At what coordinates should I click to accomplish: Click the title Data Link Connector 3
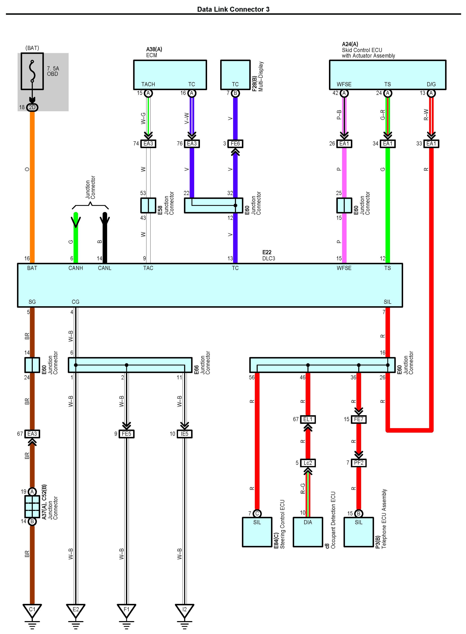(233, 9)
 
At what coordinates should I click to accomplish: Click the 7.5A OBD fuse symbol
(32, 71)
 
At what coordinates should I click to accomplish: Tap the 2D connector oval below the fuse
(32, 107)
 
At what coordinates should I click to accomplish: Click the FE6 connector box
(235, 144)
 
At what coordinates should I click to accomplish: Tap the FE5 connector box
(126, 434)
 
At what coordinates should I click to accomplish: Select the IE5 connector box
(184, 434)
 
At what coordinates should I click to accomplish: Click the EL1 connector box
(308, 419)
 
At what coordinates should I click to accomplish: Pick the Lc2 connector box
(308, 463)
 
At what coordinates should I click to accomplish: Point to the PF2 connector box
(359, 463)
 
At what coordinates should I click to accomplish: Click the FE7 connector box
(359, 419)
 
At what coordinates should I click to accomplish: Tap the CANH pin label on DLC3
(76, 268)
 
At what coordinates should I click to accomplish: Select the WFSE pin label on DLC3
(344, 268)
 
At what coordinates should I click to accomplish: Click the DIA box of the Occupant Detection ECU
(308, 532)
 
